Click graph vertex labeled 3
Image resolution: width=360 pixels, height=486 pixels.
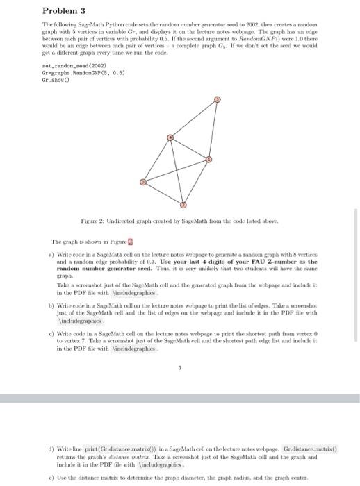(x=217, y=100)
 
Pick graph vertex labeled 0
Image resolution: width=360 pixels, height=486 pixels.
(x=143, y=182)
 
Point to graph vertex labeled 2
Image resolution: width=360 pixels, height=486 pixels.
(x=183, y=206)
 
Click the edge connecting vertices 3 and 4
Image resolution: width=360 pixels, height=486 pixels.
(x=194, y=119)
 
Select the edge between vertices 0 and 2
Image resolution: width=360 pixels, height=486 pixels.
(x=163, y=194)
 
